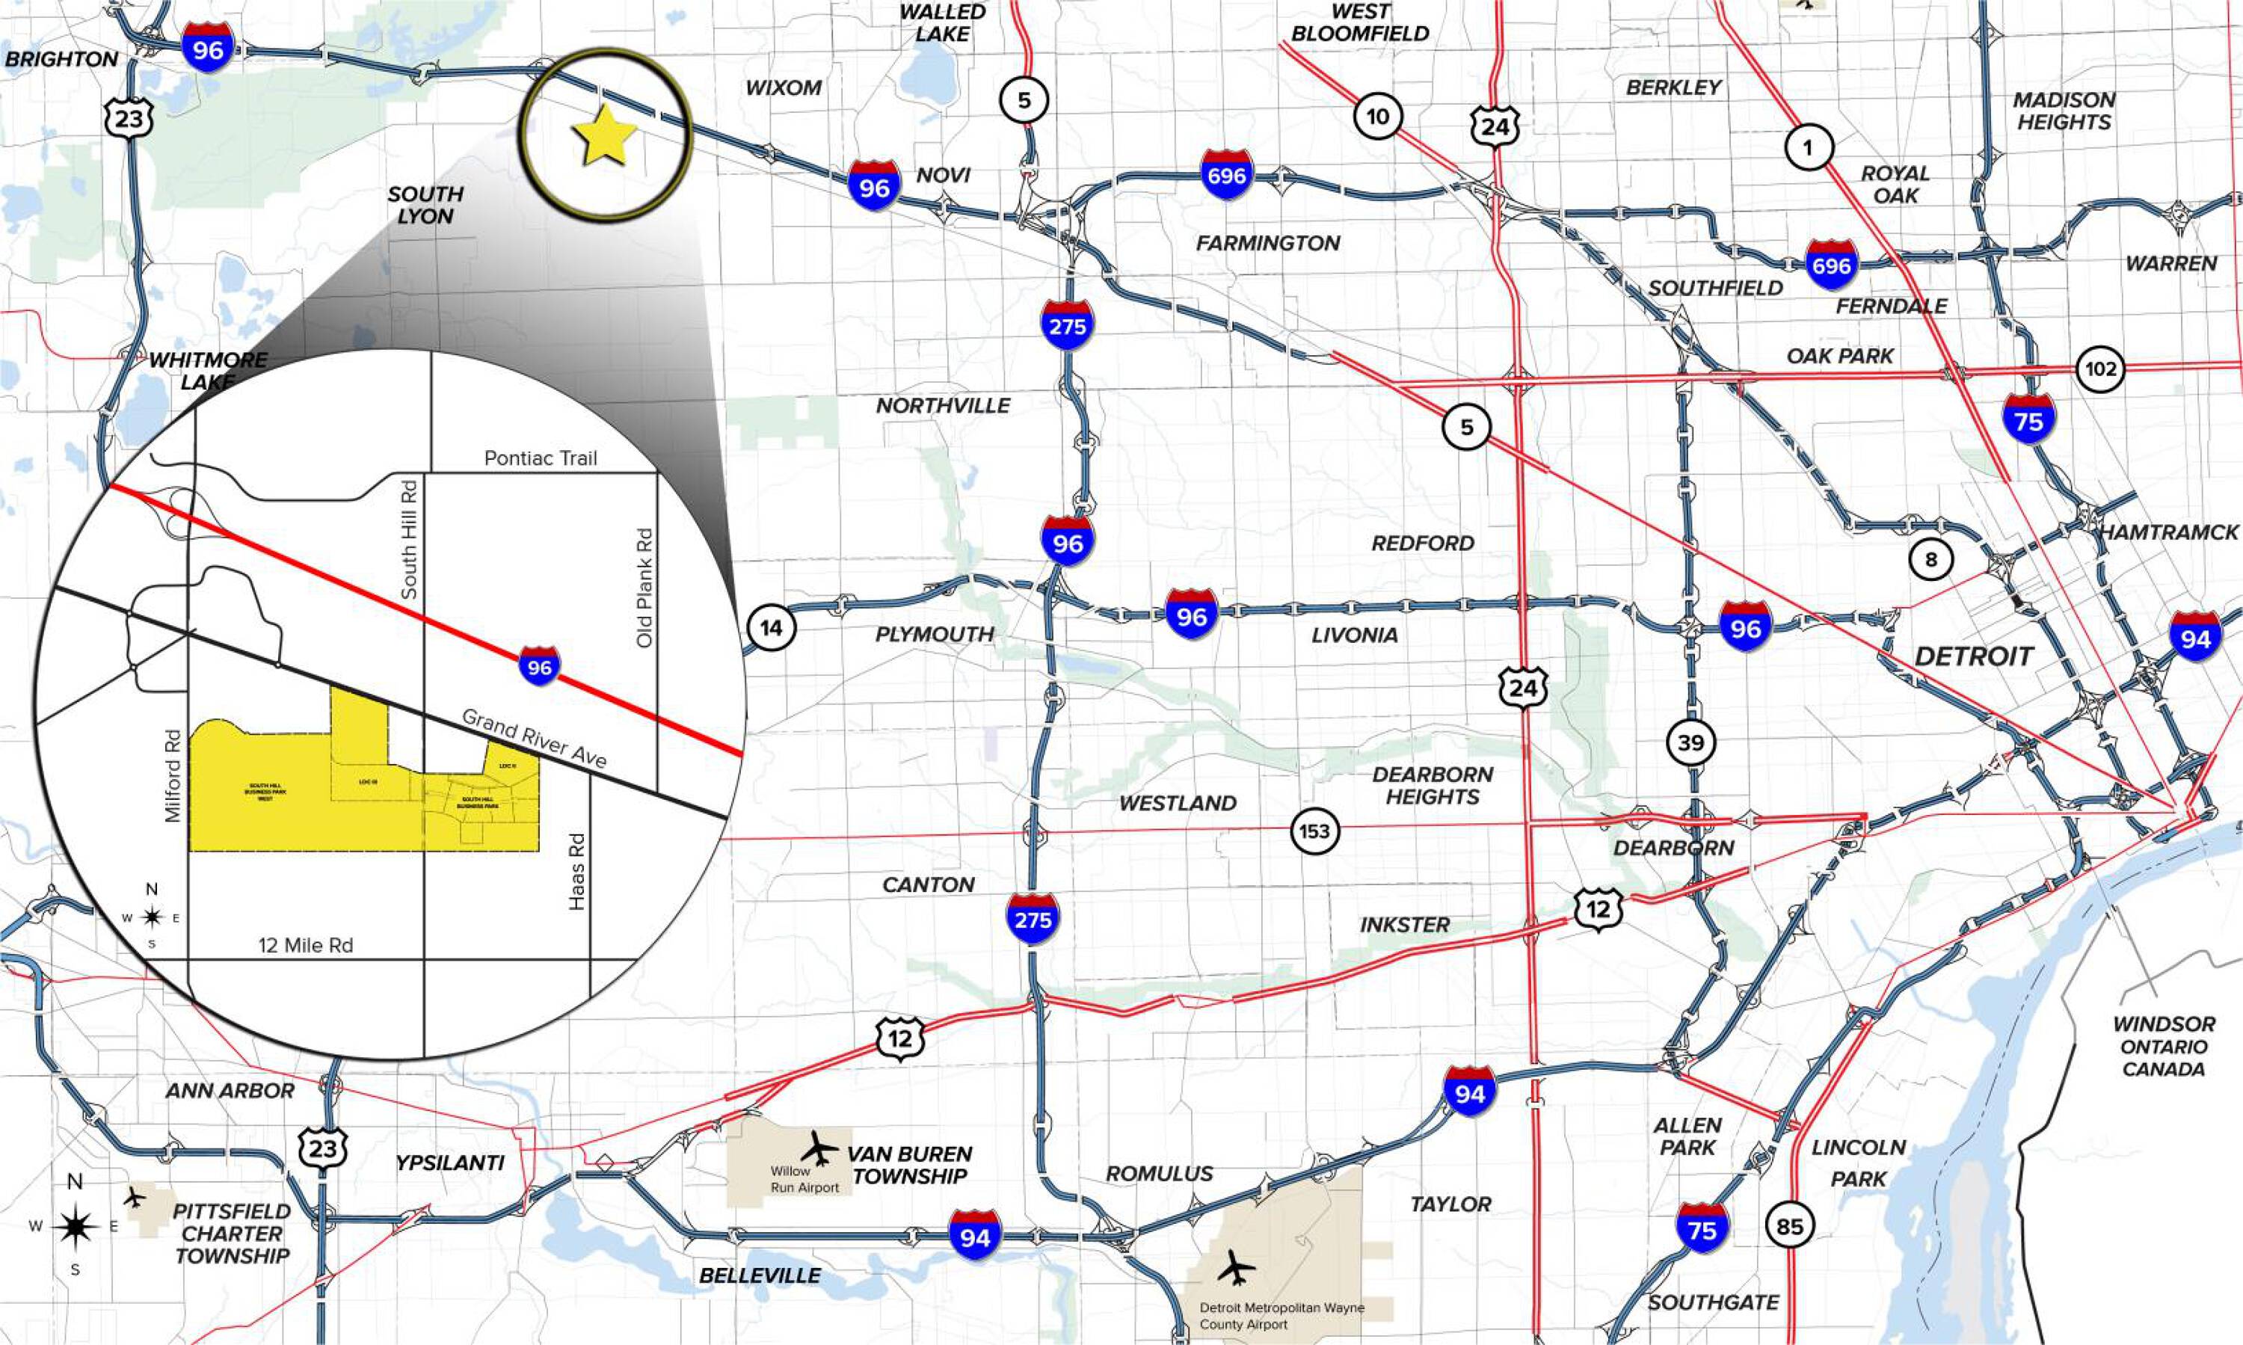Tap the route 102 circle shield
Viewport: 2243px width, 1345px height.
(x=2099, y=369)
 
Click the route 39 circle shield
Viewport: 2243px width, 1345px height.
(x=1690, y=743)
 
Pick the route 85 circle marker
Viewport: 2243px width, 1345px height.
(x=1790, y=1227)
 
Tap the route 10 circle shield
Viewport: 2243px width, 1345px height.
(x=1377, y=117)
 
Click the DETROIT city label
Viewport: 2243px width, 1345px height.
(x=1974, y=656)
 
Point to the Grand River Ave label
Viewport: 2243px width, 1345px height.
(x=534, y=739)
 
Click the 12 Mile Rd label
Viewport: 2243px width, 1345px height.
(x=305, y=945)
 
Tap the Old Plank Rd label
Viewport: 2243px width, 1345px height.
(x=644, y=588)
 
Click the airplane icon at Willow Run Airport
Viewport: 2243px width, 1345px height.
(x=820, y=1148)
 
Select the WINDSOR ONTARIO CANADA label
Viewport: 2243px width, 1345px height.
(x=2164, y=1046)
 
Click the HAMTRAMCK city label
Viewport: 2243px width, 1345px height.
(x=2169, y=532)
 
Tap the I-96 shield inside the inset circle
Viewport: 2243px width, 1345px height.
(x=539, y=667)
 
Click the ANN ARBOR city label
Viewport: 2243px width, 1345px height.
(x=230, y=1090)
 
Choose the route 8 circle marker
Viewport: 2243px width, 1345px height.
(x=1930, y=559)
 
